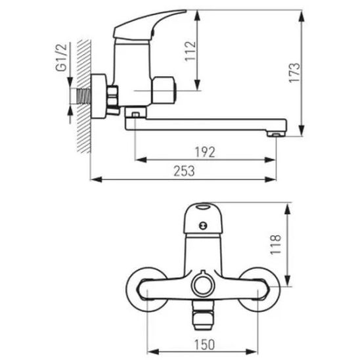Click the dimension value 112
point(191,51)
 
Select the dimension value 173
point(294,72)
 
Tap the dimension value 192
point(205,152)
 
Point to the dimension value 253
point(184,171)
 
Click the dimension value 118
point(275,244)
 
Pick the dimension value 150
point(204,345)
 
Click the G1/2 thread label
point(61,57)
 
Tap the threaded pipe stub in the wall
point(83,97)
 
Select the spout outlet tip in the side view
point(276,133)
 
